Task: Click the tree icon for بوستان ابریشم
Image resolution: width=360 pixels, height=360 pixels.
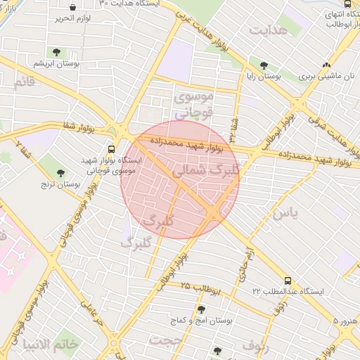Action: [x=56, y=52]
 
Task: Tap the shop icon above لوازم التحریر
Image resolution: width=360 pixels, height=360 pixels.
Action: [x=72, y=7]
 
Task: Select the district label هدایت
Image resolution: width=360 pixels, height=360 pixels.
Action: [x=268, y=31]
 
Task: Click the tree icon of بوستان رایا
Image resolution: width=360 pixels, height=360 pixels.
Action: [x=264, y=65]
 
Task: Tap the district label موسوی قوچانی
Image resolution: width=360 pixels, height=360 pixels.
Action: [x=187, y=103]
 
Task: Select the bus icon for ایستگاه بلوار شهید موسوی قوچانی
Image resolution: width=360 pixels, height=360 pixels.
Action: [x=110, y=149]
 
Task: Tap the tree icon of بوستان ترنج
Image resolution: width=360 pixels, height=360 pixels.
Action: [x=61, y=172]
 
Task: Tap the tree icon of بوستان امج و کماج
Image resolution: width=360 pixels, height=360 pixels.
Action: [x=202, y=309]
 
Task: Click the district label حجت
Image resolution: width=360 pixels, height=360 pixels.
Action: [x=166, y=340]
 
